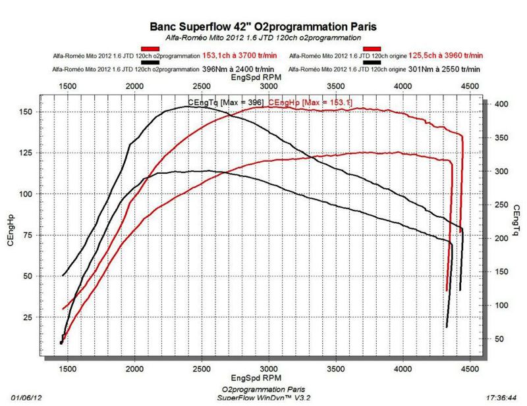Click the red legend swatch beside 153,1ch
(x=150, y=49)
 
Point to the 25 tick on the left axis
(x=28, y=318)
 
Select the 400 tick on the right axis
(x=501, y=104)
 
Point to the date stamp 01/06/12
(x=28, y=398)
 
